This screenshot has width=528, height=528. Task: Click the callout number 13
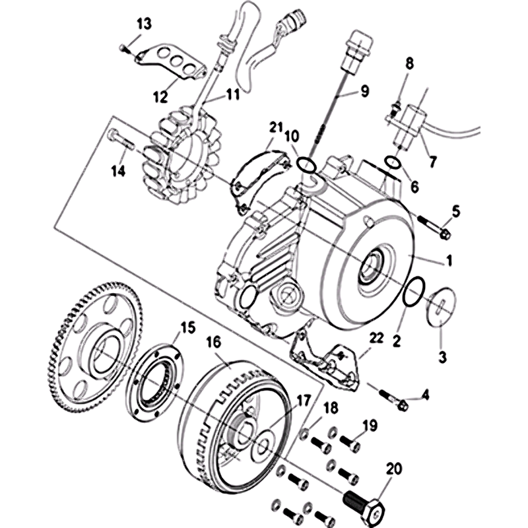pos(144,24)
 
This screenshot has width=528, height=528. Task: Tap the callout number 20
pos(394,469)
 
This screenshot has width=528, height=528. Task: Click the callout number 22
pos(376,337)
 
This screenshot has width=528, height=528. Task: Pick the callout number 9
pos(364,92)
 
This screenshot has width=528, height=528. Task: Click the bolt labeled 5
pos(436,226)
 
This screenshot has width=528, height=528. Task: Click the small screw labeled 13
pos(123,47)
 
